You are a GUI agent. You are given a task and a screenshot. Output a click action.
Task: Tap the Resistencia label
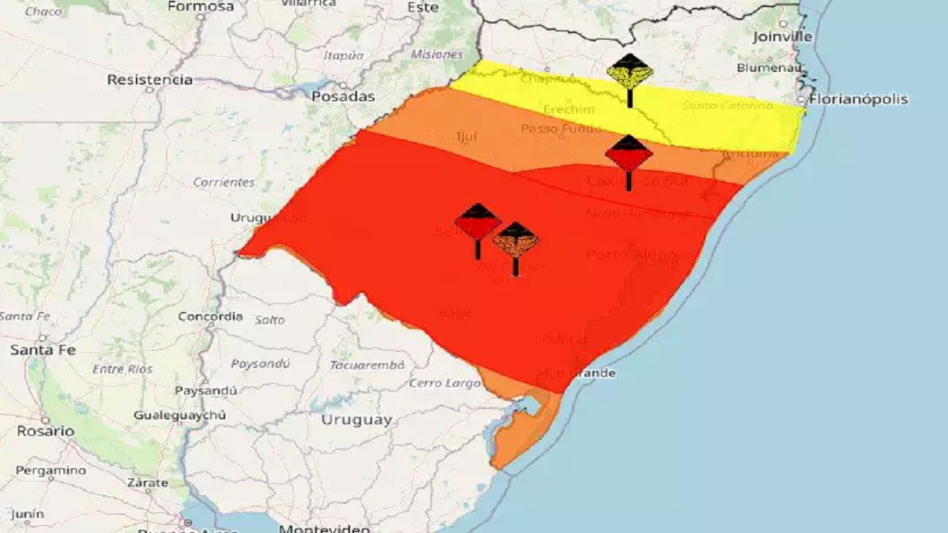pyautogui.click(x=150, y=80)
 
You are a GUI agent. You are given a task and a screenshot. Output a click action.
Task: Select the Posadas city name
pyautogui.click(x=343, y=96)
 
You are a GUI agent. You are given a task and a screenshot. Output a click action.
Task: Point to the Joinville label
pyautogui.click(x=782, y=36)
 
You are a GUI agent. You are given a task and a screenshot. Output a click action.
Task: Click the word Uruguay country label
pyautogui.click(x=356, y=420)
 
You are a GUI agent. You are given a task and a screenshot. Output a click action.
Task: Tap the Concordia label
pyautogui.click(x=210, y=317)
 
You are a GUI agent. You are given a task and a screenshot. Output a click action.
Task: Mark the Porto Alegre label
pyautogui.click(x=633, y=254)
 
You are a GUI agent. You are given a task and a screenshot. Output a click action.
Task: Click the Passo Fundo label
pyautogui.click(x=562, y=128)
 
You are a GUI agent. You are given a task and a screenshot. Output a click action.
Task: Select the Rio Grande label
pyautogui.click(x=581, y=373)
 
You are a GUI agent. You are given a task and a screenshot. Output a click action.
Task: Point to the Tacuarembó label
pyautogui.click(x=367, y=365)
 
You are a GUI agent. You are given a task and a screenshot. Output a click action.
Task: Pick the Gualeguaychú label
pyautogui.click(x=179, y=415)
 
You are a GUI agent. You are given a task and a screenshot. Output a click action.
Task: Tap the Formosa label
pyautogui.click(x=201, y=6)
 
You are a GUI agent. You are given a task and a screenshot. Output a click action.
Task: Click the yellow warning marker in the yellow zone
pyautogui.click(x=630, y=73)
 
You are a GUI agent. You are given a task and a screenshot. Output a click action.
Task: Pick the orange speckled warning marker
pyautogui.click(x=516, y=240)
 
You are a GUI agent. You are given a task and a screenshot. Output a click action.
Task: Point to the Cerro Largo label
pyautogui.click(x=445, y=383)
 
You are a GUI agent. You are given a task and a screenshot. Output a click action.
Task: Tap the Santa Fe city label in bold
pyautogui.click(x=43, y=350)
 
